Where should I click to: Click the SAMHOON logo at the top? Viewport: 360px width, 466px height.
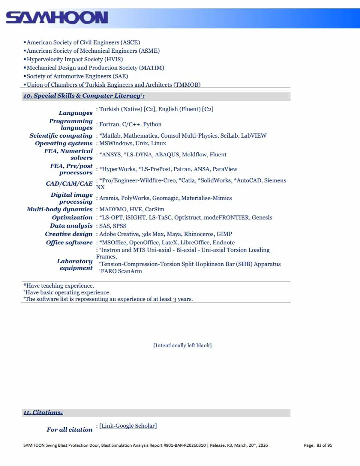click(57, 18)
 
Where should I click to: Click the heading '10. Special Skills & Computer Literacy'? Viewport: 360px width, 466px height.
click(83, 96)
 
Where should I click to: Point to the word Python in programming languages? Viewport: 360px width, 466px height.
click(152, 124)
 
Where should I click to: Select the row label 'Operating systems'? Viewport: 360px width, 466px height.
click(64, 143)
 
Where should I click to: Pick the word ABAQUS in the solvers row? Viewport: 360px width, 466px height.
click(168, 154)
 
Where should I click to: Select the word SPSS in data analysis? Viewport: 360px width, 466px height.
click(120, 226)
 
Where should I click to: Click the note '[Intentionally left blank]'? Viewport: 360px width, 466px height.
click(182, 345)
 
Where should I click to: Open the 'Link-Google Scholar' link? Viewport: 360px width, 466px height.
click(128, 426)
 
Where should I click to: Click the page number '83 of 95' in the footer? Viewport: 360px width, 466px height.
click(324, 445)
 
